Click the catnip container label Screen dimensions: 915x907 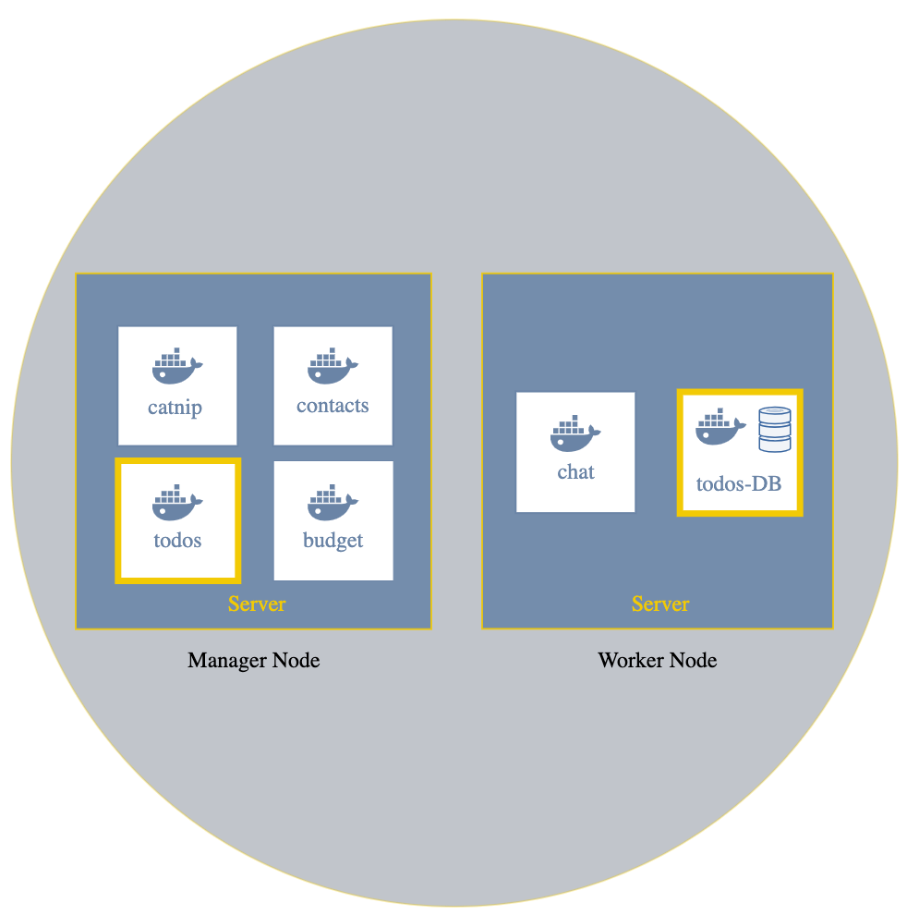(x=175, y=408)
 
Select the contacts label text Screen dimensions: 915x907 (x=333, y=406)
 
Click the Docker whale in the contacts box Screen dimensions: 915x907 (x=333, y=367)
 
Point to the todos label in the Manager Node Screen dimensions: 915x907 (x=177, y=541)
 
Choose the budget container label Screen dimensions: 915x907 (x=333, y=541)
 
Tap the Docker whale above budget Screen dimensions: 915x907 (x=333, y=501)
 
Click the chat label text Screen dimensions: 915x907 (x=575, y=472)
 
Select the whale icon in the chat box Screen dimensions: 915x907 (x=575, y=433)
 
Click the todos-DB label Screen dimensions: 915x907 (x=739, y=482)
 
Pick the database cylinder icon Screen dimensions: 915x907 (x=775, y=430)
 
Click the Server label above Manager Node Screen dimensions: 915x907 (x=257, y=604)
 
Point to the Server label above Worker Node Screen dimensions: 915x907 (x=660, y=604)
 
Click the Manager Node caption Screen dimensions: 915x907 (x=253, y=661)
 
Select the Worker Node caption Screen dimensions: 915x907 (x=657, y=661)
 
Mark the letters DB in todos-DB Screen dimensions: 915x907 (x=766, y=482)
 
